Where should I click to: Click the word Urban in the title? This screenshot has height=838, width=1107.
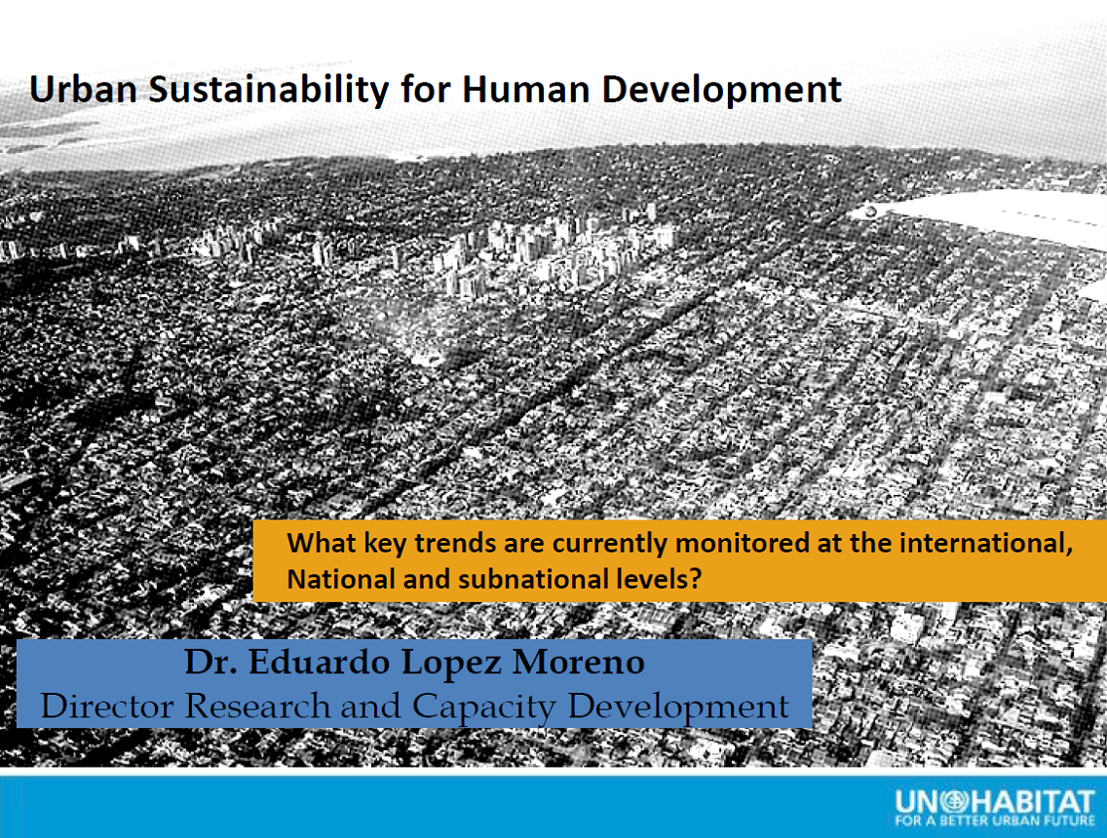(x=83, y=90)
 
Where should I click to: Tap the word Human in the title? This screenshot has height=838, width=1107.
(x=526, y=90)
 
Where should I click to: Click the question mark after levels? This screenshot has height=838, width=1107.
(x=696, y=579)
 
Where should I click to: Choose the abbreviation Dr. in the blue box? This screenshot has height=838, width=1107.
(x=210, y=663)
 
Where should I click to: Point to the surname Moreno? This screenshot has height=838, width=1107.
(x=579, y=663)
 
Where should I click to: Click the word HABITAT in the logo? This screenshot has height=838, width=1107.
(x=1032, y=802)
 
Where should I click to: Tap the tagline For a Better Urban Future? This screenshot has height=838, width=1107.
(x=994, y=821)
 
